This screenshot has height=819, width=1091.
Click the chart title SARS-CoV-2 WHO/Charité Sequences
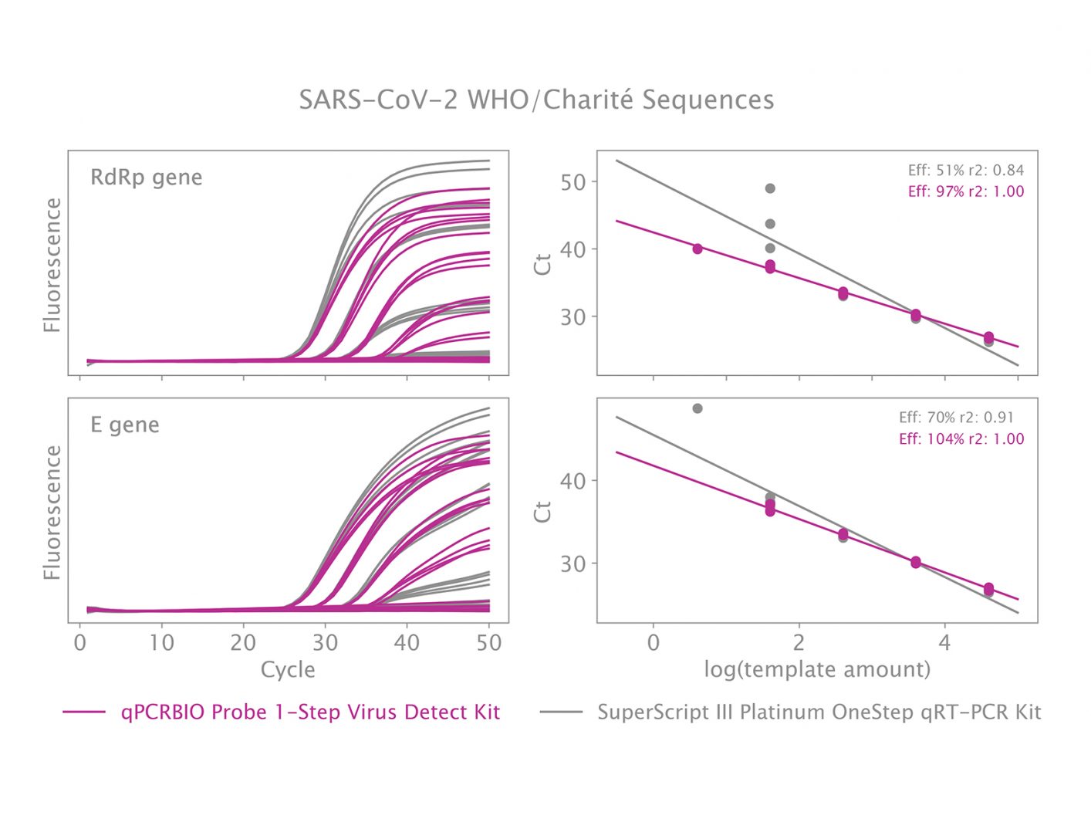point(536,100)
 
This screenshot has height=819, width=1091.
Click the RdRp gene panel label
point(146,178)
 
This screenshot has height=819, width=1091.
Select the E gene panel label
point(124,425)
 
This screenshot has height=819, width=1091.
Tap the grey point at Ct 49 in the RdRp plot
point(769,188)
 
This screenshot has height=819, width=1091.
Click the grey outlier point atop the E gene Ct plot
point(697,408)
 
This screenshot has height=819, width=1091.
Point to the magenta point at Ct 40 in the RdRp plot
point(697,249)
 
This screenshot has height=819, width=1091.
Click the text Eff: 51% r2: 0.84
point(965,171)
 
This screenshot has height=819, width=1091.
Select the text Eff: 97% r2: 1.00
point(965,191)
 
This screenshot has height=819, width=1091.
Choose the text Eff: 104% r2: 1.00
point(961,439)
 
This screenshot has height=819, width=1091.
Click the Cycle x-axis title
point(288,669)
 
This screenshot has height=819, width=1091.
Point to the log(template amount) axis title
point(816,669)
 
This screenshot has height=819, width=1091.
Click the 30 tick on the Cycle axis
point(325,643)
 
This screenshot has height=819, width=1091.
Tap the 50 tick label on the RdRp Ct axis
point(573,183)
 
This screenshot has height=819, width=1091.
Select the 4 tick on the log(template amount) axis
point(944,643)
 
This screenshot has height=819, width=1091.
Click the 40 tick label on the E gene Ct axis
point(573,481)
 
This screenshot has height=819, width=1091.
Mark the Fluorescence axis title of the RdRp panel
point(52,265)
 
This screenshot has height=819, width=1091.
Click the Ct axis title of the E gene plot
point(543,511)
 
